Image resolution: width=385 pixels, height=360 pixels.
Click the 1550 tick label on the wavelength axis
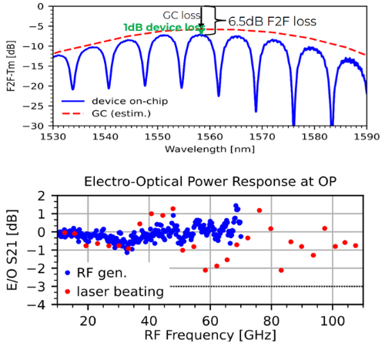coord(157,136)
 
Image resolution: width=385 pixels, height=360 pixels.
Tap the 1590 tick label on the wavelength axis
coord(367,136)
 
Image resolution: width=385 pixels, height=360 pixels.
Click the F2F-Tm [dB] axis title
coord(12,66)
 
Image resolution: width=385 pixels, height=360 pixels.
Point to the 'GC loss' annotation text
coord(184,15)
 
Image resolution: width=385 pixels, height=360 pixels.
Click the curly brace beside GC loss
coord(217,21)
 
